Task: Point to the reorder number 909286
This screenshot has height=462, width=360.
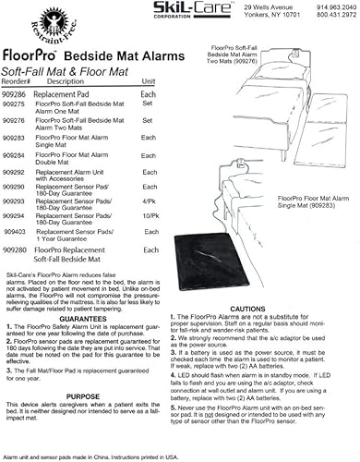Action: (16, 68)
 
